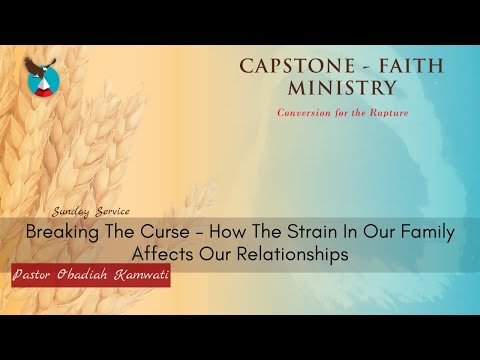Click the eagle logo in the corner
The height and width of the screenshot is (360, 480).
point(42,76)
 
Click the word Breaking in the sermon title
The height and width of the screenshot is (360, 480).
point(62,233)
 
